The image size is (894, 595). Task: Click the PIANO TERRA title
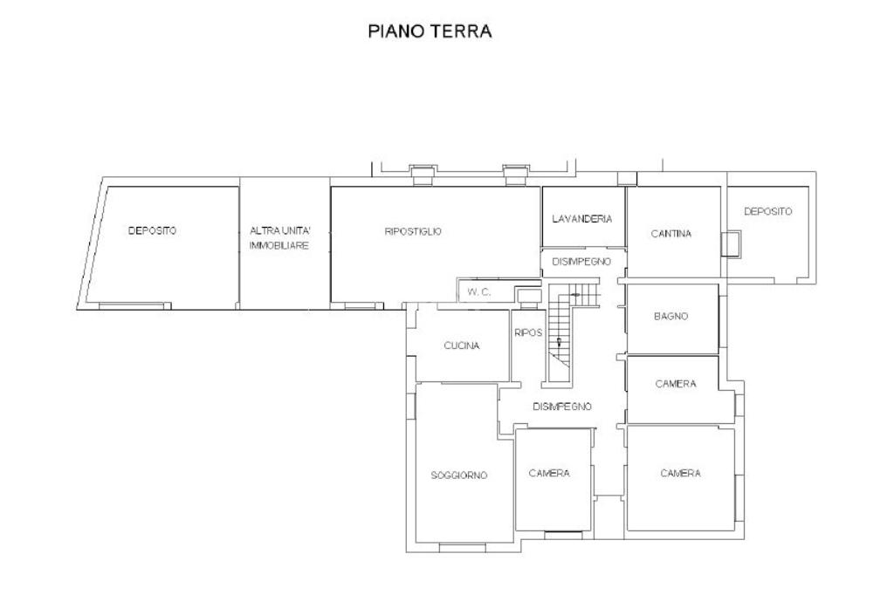(430, 31)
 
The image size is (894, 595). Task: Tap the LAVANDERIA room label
(582, 219)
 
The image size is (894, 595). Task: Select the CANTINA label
(671, 234)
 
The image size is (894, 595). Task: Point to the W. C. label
(479, 292)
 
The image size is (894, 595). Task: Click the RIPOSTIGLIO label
(413, 231)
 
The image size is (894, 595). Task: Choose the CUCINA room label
(462, 345)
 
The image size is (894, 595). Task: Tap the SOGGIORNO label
(459, 475)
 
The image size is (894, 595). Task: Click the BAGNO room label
(671, 317)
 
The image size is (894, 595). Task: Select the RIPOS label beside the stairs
(528, 333)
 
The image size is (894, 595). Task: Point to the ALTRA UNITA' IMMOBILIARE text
(279, 238)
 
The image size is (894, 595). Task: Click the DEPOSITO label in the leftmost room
(152, 231)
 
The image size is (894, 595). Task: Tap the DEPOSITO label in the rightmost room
(768, 211)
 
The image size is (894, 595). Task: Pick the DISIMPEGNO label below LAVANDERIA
(581, 262)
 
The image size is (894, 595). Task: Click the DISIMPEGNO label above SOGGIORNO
(562, 407)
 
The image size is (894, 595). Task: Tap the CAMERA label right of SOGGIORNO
(549, 474)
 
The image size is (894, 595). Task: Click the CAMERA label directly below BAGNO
(676, 384)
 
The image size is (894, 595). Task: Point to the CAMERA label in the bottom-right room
(680, 474)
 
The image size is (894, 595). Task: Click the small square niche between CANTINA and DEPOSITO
(731, 244)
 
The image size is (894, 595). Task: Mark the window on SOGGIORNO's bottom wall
(463, 548)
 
